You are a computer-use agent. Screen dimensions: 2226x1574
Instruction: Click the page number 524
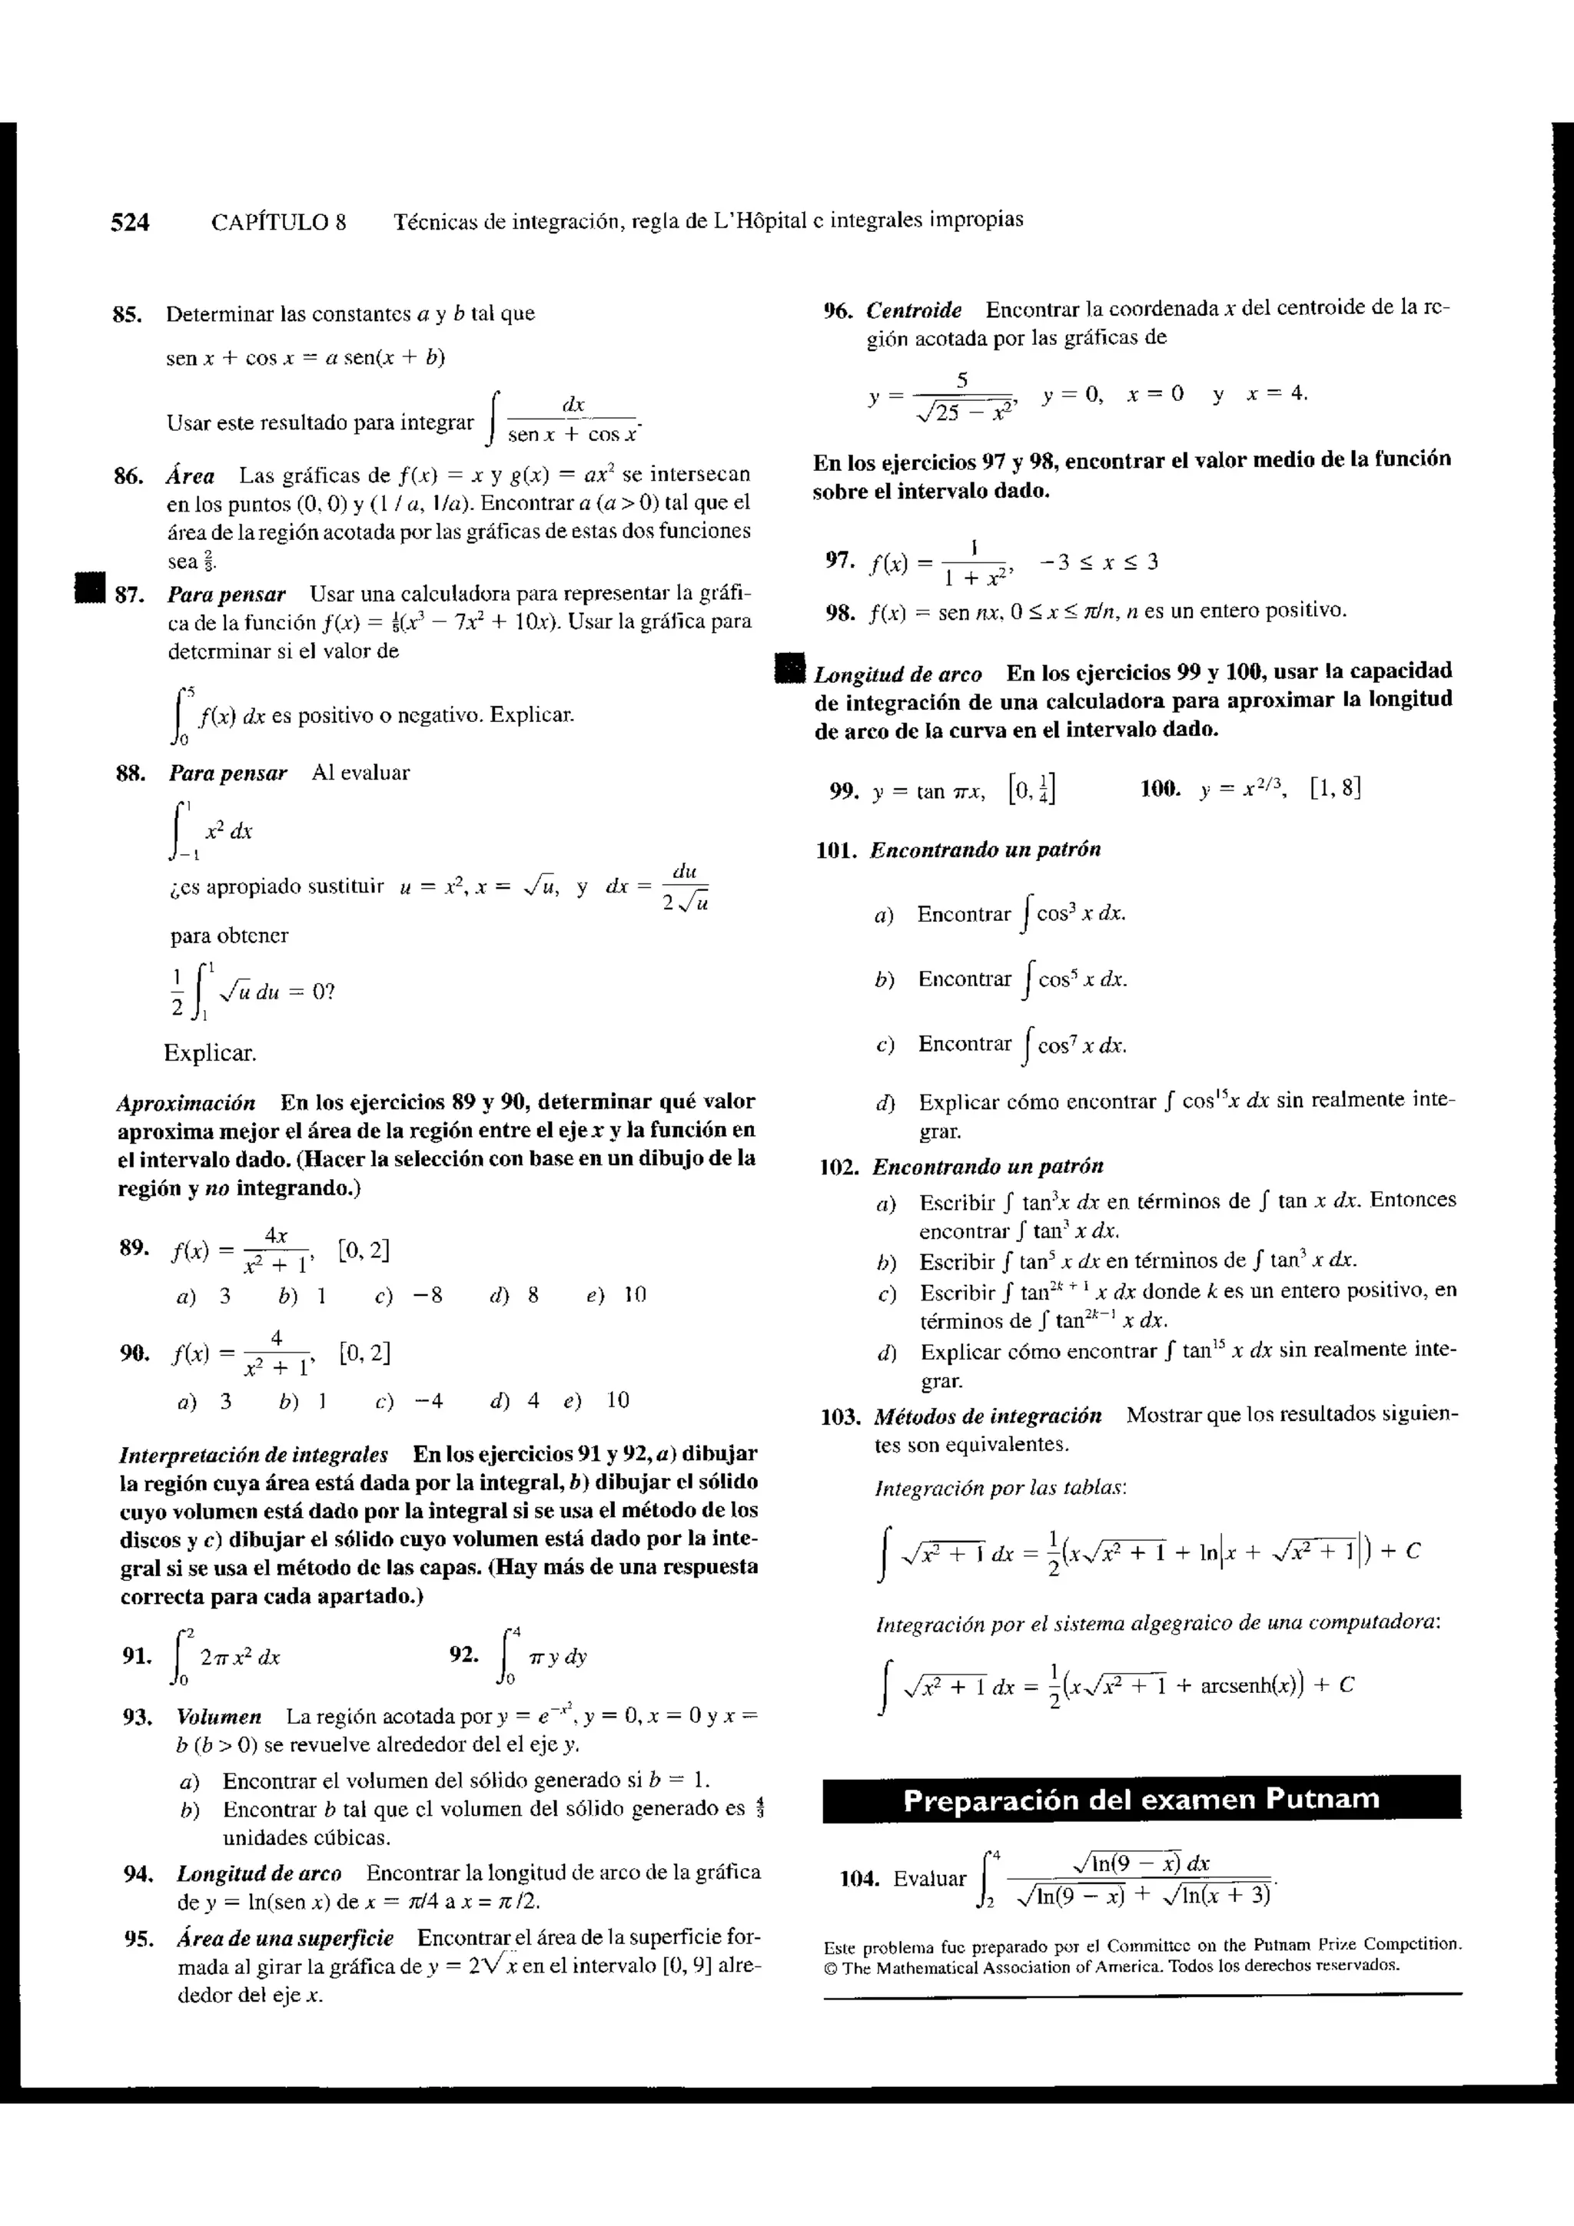[x=130, y=222]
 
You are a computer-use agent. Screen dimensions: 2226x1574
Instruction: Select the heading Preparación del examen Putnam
[x=1141, y=1800]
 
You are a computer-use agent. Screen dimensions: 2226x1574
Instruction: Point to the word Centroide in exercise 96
[x=914, y=310]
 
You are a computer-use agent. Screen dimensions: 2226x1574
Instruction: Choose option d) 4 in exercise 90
[x=515, y=1400]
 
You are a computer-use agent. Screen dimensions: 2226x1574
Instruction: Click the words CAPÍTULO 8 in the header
[x=278, y=222]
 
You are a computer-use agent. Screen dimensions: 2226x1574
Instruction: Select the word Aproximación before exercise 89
[x=186, y=1102]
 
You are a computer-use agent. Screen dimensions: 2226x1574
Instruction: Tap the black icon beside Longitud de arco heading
[x=792, y=671]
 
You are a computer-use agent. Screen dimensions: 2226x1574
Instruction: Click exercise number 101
[x=837, y=850]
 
